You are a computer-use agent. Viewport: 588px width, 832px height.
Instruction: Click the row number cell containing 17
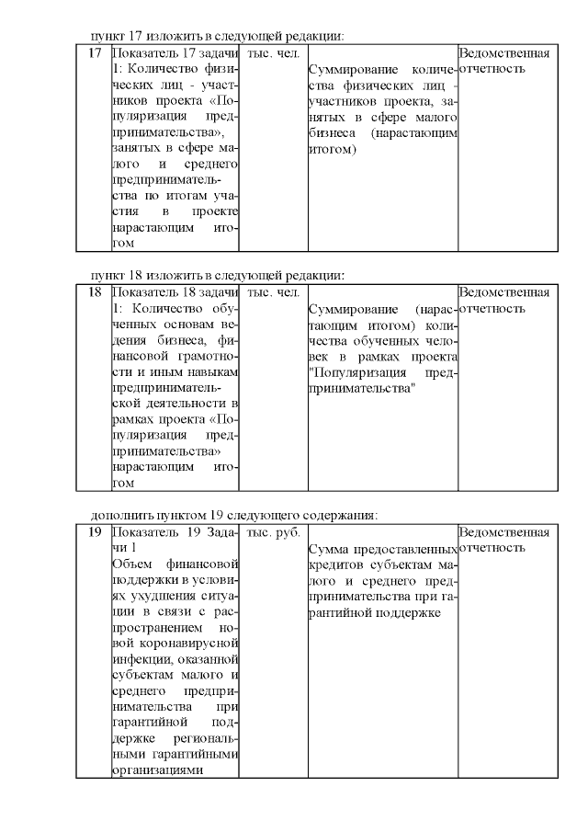coord(94,53)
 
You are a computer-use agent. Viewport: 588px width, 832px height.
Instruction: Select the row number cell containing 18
coord(94,292)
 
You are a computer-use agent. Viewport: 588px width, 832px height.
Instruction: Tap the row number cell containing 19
coord(94,532)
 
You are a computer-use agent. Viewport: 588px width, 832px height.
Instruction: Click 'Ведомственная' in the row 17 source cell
coord(503,53)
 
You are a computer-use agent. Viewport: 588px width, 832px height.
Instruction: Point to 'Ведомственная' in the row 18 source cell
coord(503,292)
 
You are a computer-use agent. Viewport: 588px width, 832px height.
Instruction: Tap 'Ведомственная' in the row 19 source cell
coord(503,532)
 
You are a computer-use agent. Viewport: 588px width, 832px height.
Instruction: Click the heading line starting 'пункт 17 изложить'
coord(218,36)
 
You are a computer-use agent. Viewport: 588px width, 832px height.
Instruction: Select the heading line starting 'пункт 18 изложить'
coord(218,275)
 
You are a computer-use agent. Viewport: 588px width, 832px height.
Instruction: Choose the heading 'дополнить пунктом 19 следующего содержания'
coord(234,515)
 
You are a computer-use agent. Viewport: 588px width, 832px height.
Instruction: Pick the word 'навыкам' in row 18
coord(214,371)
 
